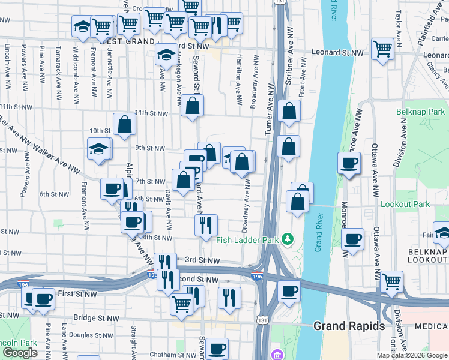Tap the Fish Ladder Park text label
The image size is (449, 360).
248,240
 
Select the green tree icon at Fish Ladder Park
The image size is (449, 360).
289,240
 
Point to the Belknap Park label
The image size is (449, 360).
421,112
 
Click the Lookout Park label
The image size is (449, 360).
405,204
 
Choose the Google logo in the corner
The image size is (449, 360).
20,353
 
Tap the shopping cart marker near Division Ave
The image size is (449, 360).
391,281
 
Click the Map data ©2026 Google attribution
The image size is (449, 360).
412,355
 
